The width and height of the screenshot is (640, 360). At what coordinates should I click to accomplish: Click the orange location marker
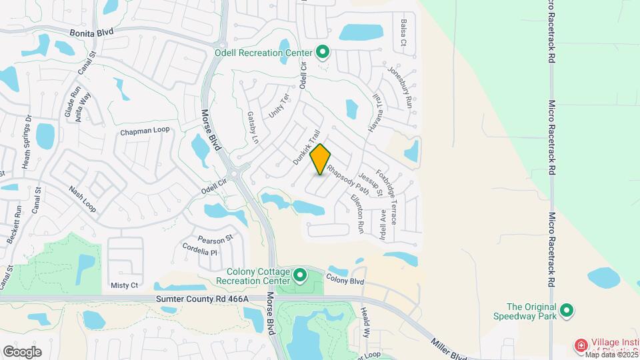pyautogui.click(x=321, y=159)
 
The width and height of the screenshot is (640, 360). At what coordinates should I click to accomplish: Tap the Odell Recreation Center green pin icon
pyautogui.click(x=323, y=51)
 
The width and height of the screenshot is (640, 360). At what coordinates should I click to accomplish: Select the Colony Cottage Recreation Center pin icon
pyautogui.click(x=300, y=274)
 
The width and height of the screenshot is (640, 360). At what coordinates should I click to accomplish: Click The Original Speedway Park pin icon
pyautogui.click(x=567, y=310)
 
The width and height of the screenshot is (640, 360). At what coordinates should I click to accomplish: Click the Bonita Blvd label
pyautogui.click(x=89, y=31)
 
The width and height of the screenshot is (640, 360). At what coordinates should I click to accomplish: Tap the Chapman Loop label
pyautogui.click(x=145, y=131)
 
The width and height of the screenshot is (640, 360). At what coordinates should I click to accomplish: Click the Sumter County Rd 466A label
pyautogui.click(x=202, y=299)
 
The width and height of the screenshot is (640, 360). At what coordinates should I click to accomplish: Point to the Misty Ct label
pyautogui.click(x=124, y=285)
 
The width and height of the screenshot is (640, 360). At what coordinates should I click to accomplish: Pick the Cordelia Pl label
pyautogui.click(x=200, y=249)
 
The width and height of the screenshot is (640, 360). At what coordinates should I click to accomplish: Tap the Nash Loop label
pyautogui.click(x=83, y=199)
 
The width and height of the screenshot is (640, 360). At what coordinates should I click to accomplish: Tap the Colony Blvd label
pyautogui.click(x=345, y=281)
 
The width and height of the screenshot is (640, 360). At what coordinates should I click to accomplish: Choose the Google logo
pyautogui.click(x=22, y=351)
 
